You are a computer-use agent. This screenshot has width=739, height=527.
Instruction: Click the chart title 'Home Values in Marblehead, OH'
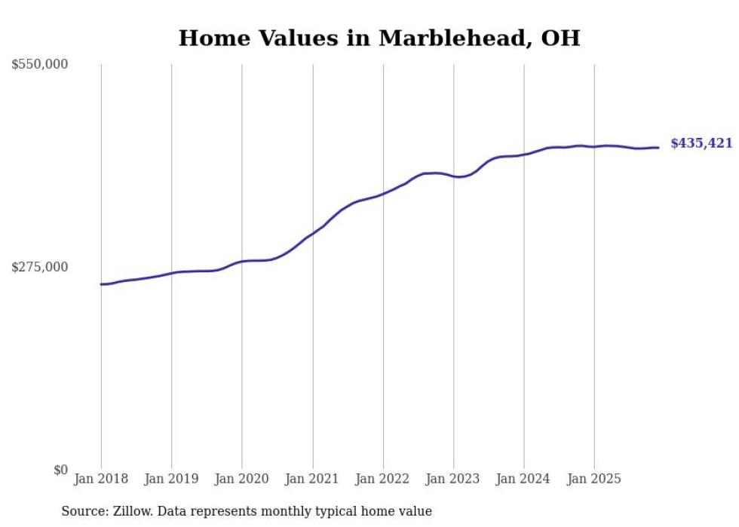click(x=379, y=38)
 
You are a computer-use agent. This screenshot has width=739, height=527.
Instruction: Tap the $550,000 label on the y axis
click(x=40, y=65)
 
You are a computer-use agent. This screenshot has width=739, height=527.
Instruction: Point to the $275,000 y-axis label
click(x=40, y=267)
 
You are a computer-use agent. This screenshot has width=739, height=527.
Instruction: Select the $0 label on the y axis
click(x=60, y=470)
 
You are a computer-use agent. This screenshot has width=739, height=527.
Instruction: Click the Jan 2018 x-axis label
click(x=101, y=480)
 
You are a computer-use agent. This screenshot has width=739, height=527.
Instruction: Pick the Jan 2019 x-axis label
click(x=171, y=480)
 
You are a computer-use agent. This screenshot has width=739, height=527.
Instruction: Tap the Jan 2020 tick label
click(x=242, y=480)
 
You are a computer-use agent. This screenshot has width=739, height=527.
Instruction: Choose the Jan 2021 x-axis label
click(x=312, y=480)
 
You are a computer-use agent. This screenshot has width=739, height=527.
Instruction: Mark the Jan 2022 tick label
click(x=383, y=480)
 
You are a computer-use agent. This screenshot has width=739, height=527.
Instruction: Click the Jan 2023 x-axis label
click(x=453, y=480)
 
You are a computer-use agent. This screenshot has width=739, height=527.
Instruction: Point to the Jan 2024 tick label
click(x=524, y=480)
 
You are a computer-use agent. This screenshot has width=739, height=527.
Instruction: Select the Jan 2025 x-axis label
click(x=594, y=480)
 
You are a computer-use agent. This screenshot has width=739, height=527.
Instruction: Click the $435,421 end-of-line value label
click(x=701, y=143)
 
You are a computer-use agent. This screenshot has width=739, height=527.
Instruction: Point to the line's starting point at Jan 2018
click(x=101, y=284)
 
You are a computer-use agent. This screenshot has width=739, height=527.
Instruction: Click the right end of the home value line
click(x=658, y=148)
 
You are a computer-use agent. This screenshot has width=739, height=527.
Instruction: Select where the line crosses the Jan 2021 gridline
click(x=312, y=234)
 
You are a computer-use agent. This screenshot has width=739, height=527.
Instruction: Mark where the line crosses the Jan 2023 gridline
click(x=454, y=176)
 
